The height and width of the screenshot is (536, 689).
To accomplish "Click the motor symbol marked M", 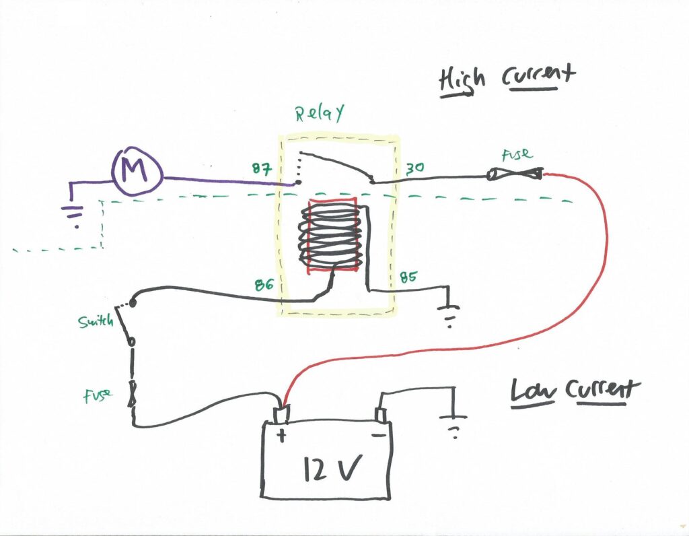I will coord(137,172).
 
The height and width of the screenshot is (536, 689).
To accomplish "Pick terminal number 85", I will coord(408,276).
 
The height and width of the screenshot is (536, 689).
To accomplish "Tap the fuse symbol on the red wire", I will coord(515,176).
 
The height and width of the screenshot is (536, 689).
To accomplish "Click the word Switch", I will coord(95,322).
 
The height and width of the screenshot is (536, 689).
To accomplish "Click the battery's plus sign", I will coord(281,436).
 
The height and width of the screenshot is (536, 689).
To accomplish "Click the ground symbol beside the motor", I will coord(71,213).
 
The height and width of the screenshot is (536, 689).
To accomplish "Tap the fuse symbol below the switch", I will coord(133,395).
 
